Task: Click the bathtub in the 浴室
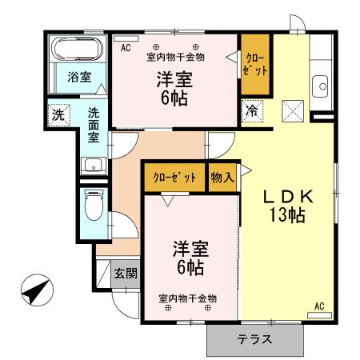[74, 52]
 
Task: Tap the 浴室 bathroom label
[78, 78]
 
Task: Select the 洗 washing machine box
[58, 114]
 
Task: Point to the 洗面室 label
[94, 126]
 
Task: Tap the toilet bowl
[93, 208]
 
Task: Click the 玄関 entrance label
[126, 274]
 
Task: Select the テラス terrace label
[256, 339]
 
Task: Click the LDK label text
[293, 197]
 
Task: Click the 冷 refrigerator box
[252, 110]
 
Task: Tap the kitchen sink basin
[322, 86]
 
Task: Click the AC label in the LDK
[319, 305]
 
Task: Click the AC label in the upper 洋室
[125, 47]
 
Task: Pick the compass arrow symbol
[34, 290]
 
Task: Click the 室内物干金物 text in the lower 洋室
[187, 298]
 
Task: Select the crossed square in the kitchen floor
[292, 110]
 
